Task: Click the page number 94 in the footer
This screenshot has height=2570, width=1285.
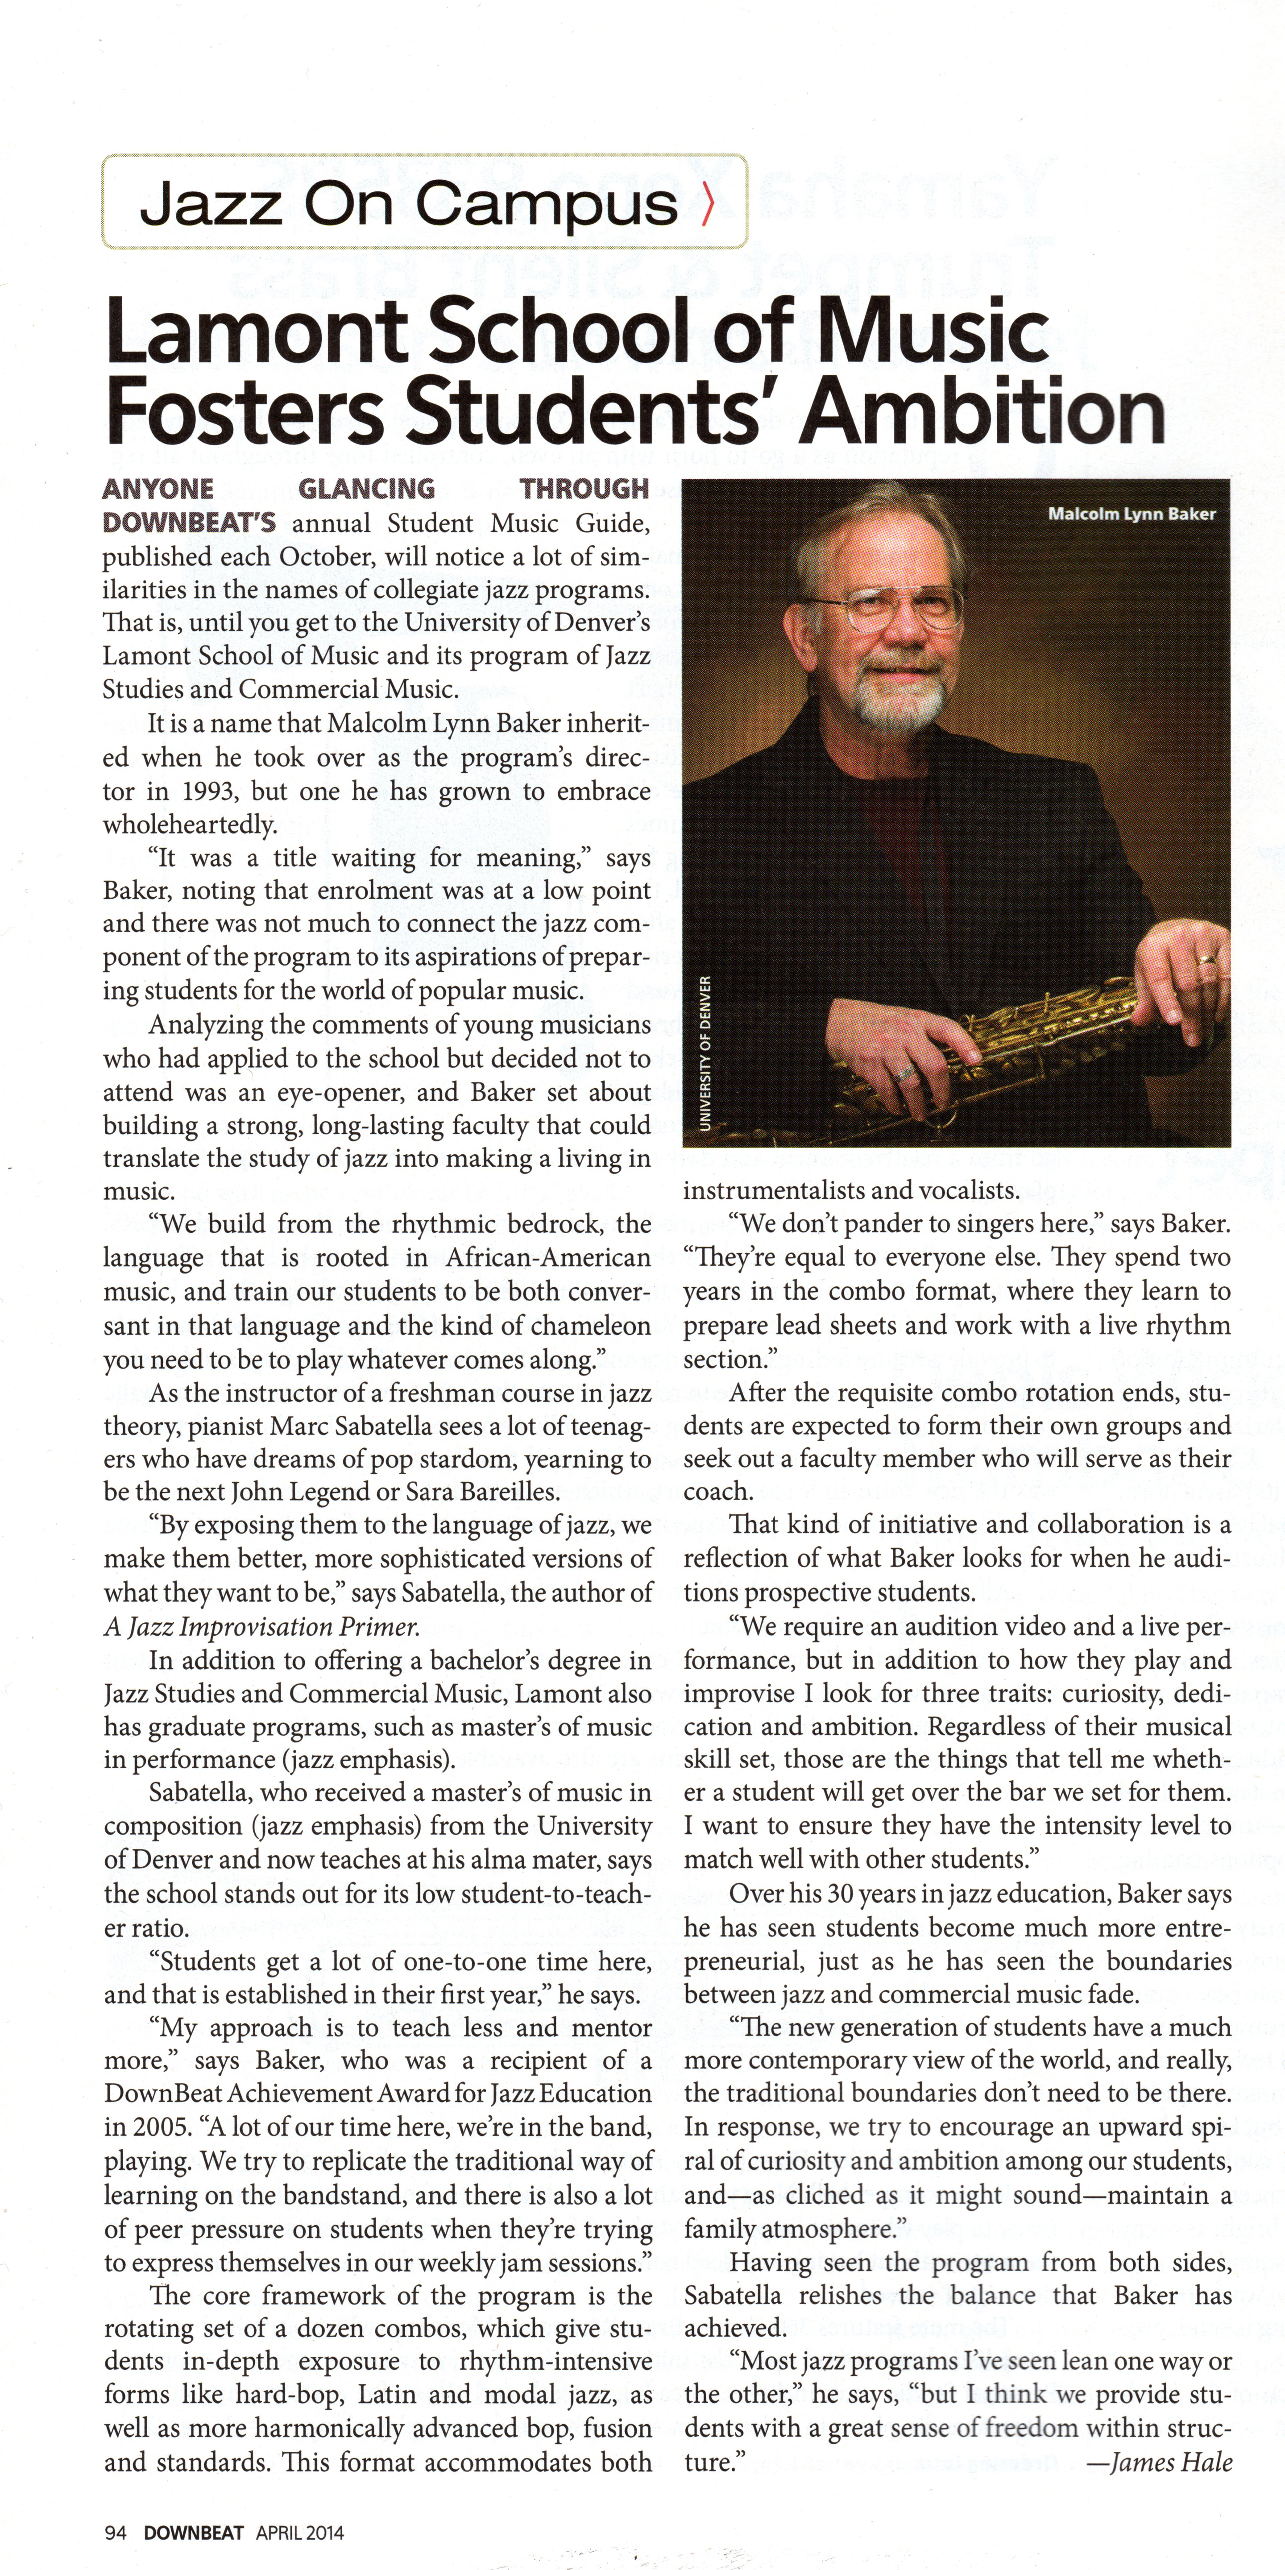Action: pos(116,2532)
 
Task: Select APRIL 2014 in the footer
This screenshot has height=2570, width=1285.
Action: pos(299,2532)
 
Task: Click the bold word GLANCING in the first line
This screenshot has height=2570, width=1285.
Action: pos(366,489)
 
